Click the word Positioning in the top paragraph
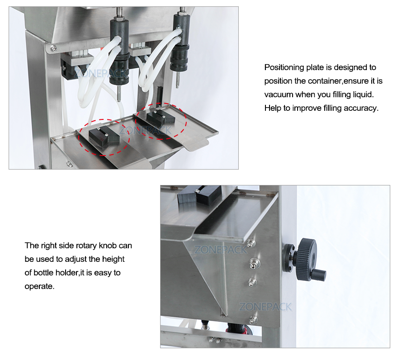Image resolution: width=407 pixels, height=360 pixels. coord(283,68)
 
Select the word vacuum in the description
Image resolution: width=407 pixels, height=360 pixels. coord(279,95)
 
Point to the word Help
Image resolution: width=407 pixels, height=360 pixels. coord(273,109)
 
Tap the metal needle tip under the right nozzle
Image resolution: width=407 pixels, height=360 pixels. coord(177,83)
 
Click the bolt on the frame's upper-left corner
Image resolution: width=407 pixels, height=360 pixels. coord(54,48)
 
